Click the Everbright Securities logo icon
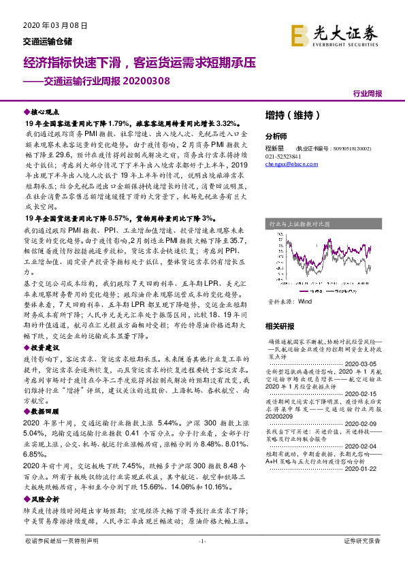[x=301, y=35]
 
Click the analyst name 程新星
[x=274, y=146]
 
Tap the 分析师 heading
[x=276, y=135]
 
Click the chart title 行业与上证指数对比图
[x=299, y=223]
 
